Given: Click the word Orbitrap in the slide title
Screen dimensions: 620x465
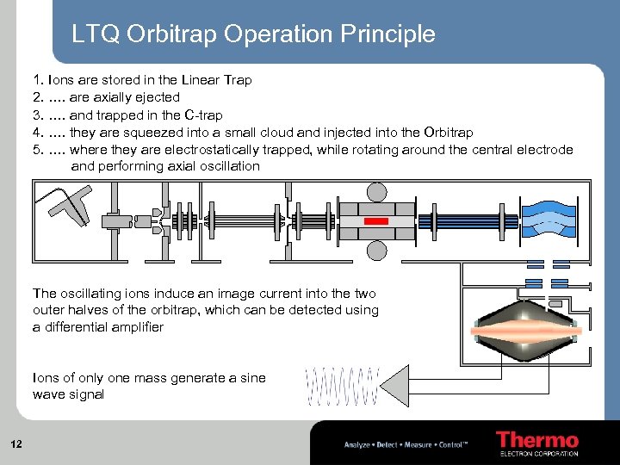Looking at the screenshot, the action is (x=171, y=34).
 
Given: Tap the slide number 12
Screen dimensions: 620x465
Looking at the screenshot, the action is (x=16, y=444).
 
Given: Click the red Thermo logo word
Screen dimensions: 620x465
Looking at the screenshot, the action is (x=537, y=440).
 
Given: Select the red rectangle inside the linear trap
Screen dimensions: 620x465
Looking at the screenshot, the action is (x=376, y=221).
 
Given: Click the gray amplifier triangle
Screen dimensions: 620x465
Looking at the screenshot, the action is (x=394, y=386).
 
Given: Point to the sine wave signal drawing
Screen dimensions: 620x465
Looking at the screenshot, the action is (x=343, y=387).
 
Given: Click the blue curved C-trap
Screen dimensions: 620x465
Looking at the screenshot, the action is (x=549, y=219).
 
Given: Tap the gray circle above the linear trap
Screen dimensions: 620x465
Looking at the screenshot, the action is (x=377, y=193).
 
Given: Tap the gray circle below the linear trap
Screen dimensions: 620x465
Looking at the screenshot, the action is (x=377, y=251).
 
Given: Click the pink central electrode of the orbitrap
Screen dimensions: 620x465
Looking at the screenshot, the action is (x=524, y=331).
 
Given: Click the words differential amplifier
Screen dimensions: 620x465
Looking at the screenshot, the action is (x=98, y=327).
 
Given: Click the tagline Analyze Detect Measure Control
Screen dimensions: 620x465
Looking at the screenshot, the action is (x=406, y=445).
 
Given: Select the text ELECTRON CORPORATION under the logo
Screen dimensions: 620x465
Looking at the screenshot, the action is (x=539, y=454).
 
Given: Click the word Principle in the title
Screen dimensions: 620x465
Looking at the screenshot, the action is (x=388, y=34).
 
